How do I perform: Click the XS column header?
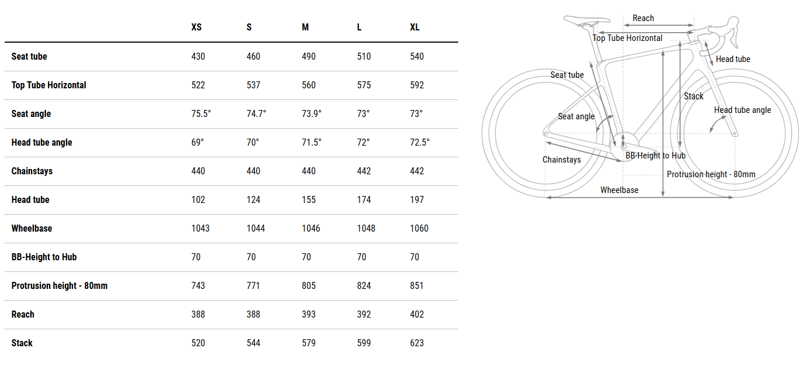click(x=196, y=27)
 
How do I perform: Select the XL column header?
click(x=415, y=27)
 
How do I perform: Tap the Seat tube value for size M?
click(x=309, y=57)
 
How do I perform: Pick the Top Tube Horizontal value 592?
click(x=417, y=85)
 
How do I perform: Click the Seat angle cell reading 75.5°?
click(x=201, y=113)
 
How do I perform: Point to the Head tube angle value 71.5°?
click(x=311, y=142)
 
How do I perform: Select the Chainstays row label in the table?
click(x=32, y=171)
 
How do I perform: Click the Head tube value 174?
click(x=364, y=200)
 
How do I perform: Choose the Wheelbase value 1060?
click(x=419, y=229)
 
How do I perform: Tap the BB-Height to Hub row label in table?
click(x=44, y=257)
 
